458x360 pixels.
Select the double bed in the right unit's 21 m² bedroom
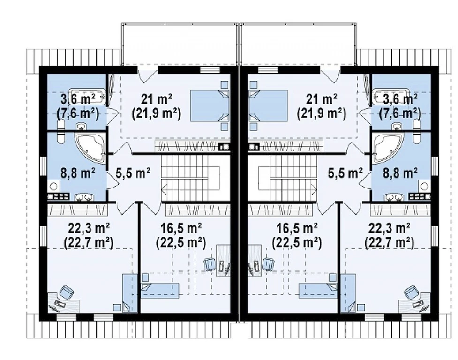pyautogui.click(x=268, y=105)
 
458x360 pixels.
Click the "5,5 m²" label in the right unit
pyautogui.click(x=345, y=173)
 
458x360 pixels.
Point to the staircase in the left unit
pyautogui.click(x=190, y=178)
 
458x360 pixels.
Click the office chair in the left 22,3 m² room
pyautogui.click(x=67, y=292)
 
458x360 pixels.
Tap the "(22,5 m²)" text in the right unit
pyautogui.click(x=296, y=242)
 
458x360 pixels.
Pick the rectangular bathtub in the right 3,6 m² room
pyautogui.click(x=391, y=96)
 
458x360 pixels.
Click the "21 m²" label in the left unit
pyautogui.click(x=156, y=99)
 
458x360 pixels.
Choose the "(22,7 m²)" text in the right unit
pyautogui.click(x=389, y=242)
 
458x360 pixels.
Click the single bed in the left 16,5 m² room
pyautogui.click(x=160, y=290)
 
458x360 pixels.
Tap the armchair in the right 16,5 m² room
pyautogui.click(x=269, y=264)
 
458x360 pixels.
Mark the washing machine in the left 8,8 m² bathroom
pyautogui.click(x=53, y=186)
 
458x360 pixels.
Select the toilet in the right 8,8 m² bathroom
pyautogui.click(x=417, y=136)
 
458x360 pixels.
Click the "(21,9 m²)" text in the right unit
pyautogui.click(x=321, y=113)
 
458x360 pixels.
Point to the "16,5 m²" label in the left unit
pyautogui.click(x=181, y=229)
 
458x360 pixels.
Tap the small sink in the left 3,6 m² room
pyautogui.click(x=81, y=127)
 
